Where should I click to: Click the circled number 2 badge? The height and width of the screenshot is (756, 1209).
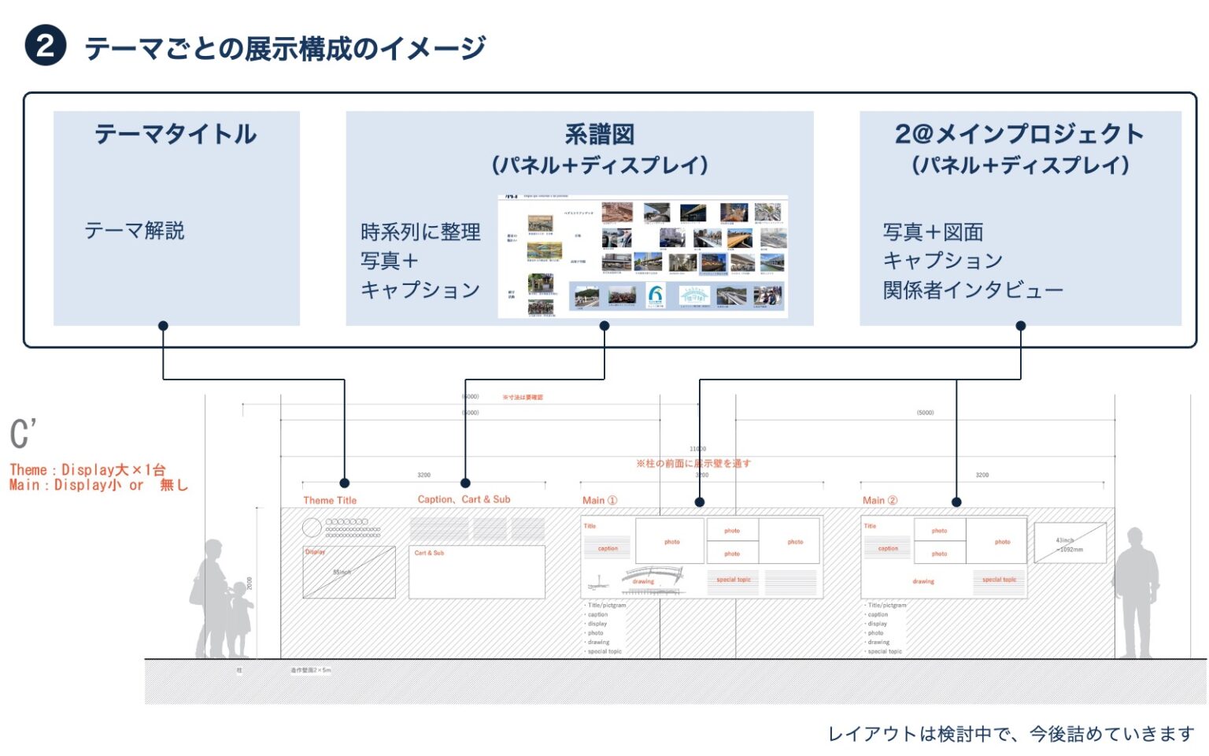pos(45,46)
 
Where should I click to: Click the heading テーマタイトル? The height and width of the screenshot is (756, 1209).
pos(176,134)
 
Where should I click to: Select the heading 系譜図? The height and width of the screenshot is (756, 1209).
pos(599,135)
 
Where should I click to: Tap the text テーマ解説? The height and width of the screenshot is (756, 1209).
pos(135,231)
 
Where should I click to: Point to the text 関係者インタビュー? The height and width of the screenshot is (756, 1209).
pos(972,291)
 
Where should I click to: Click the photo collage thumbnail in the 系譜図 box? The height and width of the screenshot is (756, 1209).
pos(642,257)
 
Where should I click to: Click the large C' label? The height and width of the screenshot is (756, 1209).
pos(24,434)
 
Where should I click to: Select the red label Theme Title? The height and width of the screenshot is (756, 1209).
pos(330,500)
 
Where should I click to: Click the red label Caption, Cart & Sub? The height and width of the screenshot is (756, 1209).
pos(464,499)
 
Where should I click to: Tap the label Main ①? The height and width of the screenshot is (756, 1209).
pos(600,500)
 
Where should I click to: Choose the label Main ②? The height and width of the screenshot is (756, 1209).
pos(880,500)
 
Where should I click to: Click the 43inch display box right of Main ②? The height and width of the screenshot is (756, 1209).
pos(1070,543)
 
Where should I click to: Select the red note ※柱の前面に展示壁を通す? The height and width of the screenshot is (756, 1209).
pos(693,463)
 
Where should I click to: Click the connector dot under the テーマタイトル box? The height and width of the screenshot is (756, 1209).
pos(163,326)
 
